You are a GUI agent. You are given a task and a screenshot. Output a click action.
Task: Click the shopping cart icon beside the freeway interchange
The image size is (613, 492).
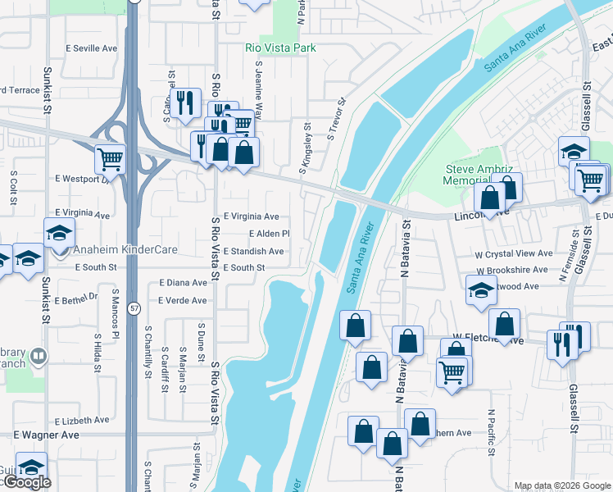click(109, 157)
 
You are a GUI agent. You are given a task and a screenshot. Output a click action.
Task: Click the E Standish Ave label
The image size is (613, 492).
click(253, 251)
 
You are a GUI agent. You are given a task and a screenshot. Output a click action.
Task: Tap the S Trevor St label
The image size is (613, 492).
click(336, 120)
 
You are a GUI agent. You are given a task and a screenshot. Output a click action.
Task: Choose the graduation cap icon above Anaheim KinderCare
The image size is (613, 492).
click(59, 232)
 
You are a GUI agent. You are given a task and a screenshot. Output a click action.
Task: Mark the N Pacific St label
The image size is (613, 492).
click(491, 432)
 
